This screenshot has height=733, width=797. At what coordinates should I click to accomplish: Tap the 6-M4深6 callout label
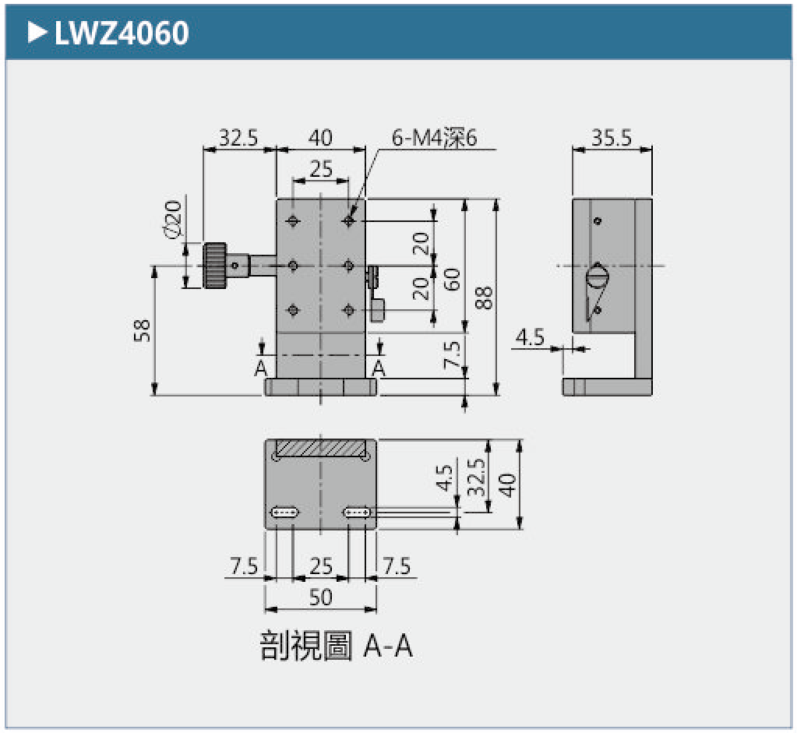(434, 138)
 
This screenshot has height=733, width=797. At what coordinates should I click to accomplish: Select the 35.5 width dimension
(612, 138)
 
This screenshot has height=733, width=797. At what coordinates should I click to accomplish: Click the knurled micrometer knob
(215, 266)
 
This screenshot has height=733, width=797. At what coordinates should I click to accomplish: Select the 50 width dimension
(320, 597)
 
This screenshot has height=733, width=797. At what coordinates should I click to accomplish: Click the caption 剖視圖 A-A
(336, 647)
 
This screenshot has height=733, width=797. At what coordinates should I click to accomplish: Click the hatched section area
(320, 449)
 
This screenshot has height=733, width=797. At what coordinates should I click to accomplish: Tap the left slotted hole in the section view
(284, 513)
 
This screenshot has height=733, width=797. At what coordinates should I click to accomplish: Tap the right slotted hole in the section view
(358, 513)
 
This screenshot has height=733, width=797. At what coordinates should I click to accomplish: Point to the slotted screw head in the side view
(597, 276)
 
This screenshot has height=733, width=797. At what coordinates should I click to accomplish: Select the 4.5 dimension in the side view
(530, 337)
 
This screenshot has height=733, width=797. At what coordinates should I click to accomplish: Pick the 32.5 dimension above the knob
(238, 138)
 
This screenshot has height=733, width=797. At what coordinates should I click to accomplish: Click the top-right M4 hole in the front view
(348, 221)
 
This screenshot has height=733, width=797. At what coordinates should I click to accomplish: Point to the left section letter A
(261, 368)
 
